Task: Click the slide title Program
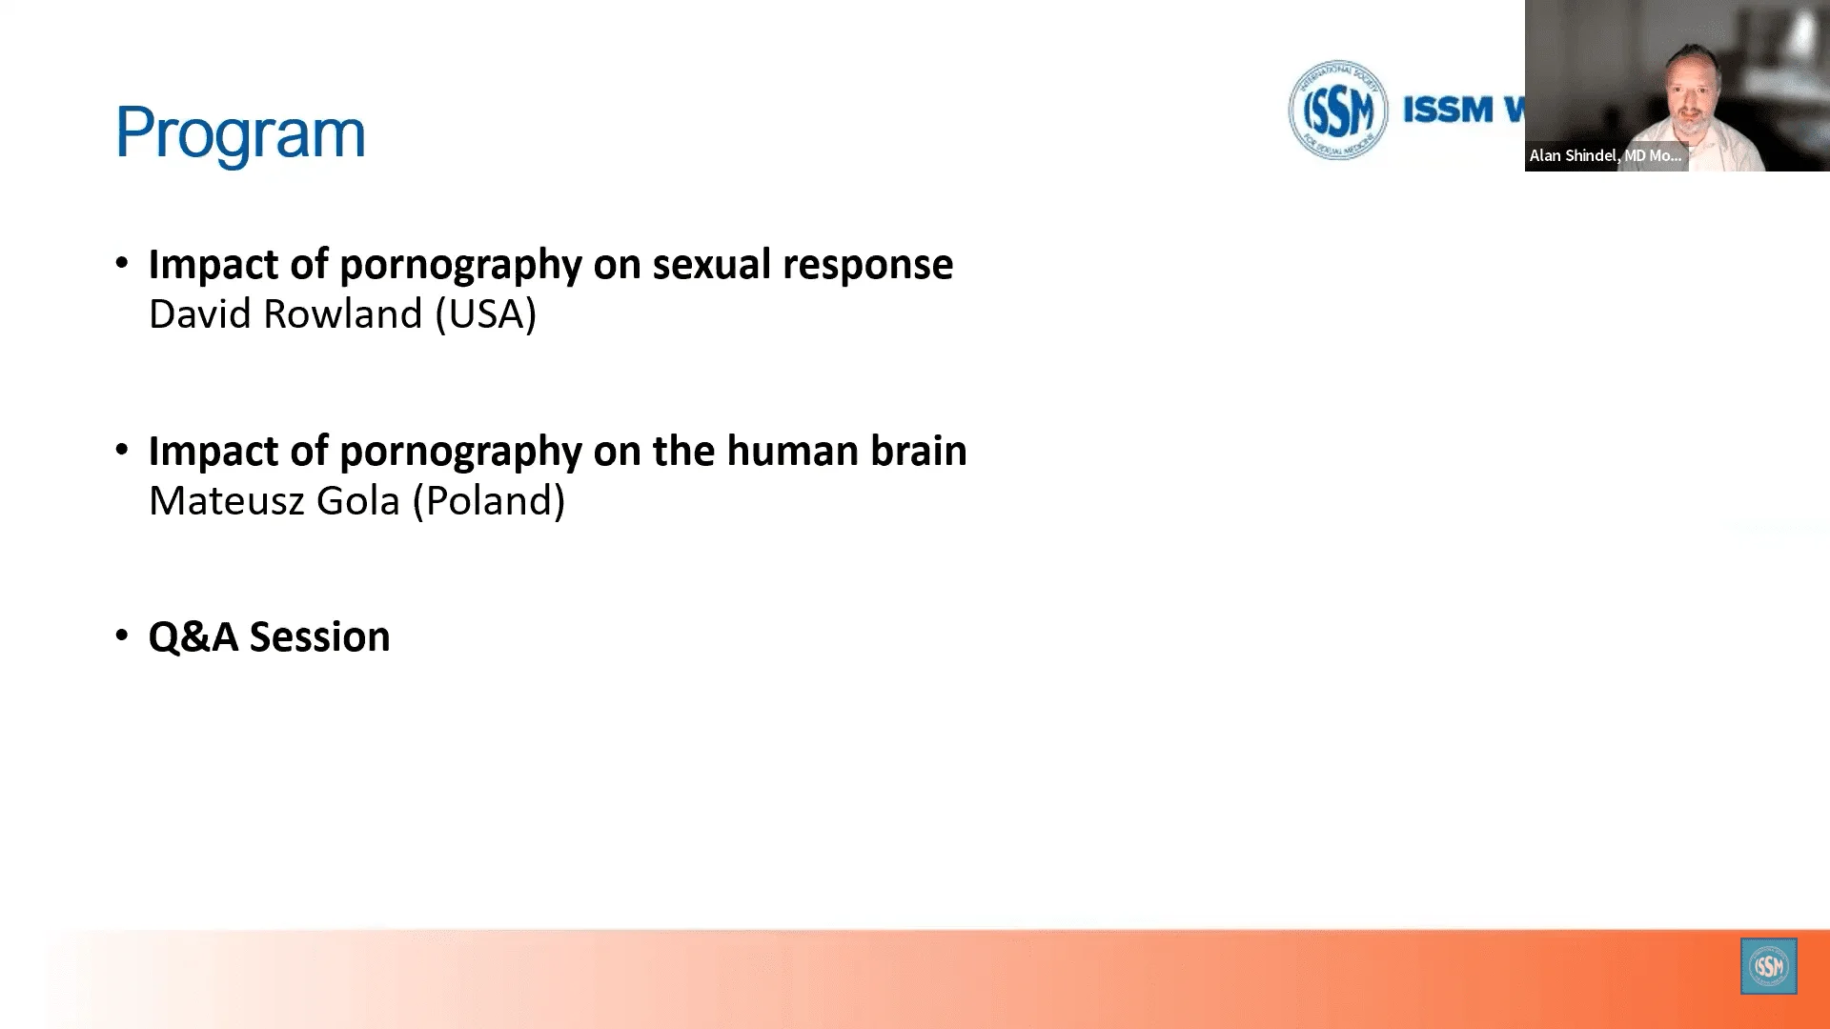(x=240, y=132)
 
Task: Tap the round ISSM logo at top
(x=1337, y=110)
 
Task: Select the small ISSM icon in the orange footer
(x=1768, y=966)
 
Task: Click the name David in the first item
(x=200, y=314)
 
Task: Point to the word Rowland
(x=342, y=314)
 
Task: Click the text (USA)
(x=486, y=314)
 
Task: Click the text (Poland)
(x=489, y=501)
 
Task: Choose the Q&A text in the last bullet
(x=193, y=636)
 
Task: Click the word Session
(x=319, y=636)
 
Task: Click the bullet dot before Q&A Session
(x=122, y=636)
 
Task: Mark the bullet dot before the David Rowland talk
(x=122, y=263)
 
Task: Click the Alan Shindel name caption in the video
(x=1605, y=155)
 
